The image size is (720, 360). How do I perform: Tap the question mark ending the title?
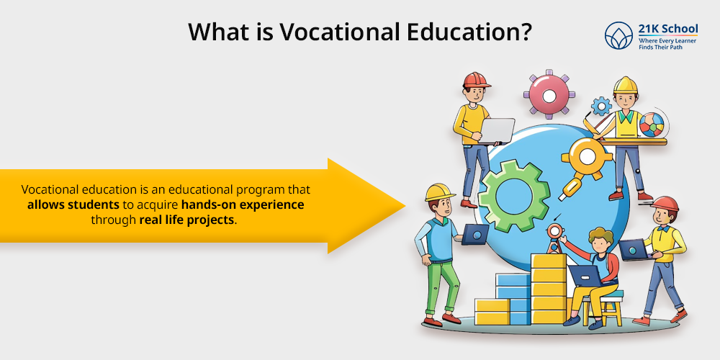[524, 32]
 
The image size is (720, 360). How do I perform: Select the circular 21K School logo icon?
[618, 35]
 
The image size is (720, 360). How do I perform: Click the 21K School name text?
[667, 30]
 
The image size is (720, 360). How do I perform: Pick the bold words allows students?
[73, 204]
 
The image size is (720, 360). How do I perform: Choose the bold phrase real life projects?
[186, 220]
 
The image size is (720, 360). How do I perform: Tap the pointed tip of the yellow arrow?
[404, 206]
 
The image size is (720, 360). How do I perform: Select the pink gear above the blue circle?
[549, 95]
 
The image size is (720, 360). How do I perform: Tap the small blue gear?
[601, 106]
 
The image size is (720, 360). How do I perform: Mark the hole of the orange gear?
[588, 156]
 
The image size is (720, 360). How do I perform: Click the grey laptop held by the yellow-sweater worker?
[495, 130]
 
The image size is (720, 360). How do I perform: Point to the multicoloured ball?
[652, 124]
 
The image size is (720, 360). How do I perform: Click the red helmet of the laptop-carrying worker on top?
[476, 80]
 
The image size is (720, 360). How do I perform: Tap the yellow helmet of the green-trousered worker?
[439, 192]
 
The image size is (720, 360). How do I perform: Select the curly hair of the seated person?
[600, 237]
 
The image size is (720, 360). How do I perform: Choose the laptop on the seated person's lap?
[586, 276]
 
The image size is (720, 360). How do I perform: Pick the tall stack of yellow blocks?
[549, 289]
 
